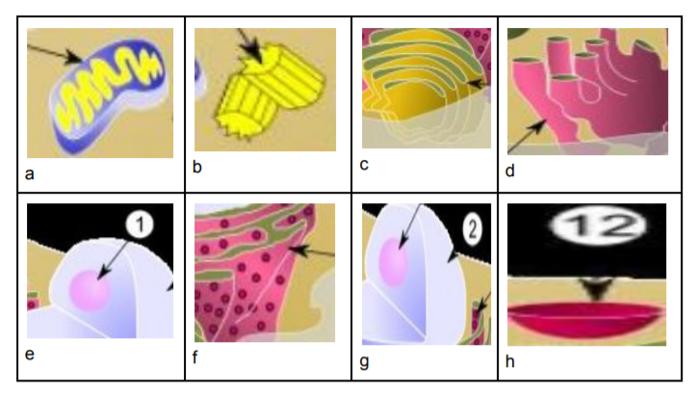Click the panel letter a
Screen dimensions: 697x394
pos(29,173)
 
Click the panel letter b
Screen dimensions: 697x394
pos(197,167)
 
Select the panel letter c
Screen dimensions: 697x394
pos(364,165)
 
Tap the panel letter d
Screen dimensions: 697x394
pos(510,171)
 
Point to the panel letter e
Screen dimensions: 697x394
pos(29,355)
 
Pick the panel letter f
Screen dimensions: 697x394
pos(195,357)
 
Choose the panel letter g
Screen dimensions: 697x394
pos(364,362)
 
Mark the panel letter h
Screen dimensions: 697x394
pos(510,361)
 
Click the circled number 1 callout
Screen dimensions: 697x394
pos(140,224)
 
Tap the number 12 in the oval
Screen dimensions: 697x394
pos(598,224)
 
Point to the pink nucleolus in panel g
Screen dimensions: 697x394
pos(394,262)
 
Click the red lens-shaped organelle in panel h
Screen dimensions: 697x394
pos(586,318)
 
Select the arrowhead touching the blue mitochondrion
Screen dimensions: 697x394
pos(74,57)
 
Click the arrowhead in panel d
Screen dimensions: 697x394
pos(537,127)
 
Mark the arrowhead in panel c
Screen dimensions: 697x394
pos(477,84)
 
